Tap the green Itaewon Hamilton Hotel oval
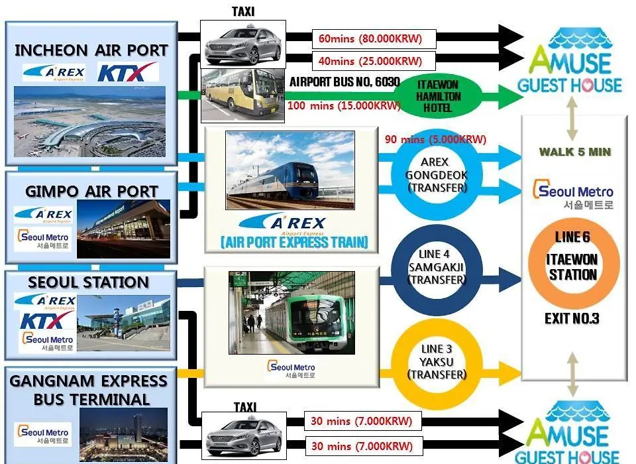pos(438,96)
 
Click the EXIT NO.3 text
pos(572,319)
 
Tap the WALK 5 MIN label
pos(575,152)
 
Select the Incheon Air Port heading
pos(91,50)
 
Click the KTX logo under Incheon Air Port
pos(128,72)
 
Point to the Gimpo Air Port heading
pos(91,191)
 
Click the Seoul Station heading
pos(88,282)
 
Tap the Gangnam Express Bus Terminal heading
pos(88,390)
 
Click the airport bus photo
pos(243,95)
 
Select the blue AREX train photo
pos(290,170)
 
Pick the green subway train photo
pos(291,313)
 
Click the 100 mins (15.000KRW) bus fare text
pos(344,106)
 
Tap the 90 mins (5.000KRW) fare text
pos(435,139)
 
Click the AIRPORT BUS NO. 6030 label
pos(344,82)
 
